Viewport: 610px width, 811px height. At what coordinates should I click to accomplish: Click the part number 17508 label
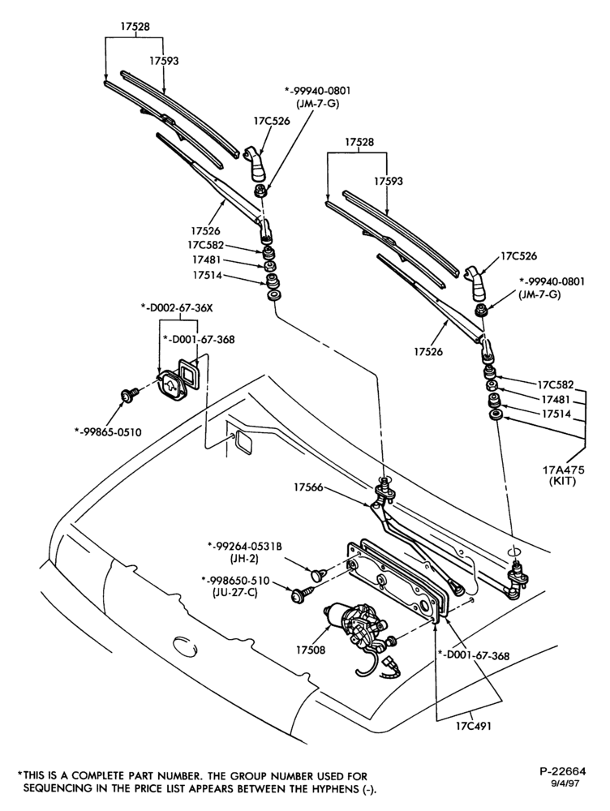[x=311, y=650]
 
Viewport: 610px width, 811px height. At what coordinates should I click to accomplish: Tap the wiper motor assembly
[x=356, y=629]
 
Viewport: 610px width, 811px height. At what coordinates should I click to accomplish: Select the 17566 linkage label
[x=308, y=487]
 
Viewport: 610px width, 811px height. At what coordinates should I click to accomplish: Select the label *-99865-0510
[x=108, y=432]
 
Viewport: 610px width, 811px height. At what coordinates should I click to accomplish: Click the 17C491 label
[x=474, y=726]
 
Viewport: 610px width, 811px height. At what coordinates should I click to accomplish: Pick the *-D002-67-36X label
[x=177, y=307]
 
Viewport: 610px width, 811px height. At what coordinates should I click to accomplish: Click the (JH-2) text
[x=243, y=559]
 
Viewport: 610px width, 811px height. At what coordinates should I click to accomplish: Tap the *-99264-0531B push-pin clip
[x=316, y=573]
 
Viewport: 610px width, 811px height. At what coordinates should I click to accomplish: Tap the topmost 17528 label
[x=135, y=27]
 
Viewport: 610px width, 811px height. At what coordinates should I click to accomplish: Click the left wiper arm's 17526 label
[x=205, y=230]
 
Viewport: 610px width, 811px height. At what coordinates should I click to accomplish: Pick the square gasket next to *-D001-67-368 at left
[x=187, y=372]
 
